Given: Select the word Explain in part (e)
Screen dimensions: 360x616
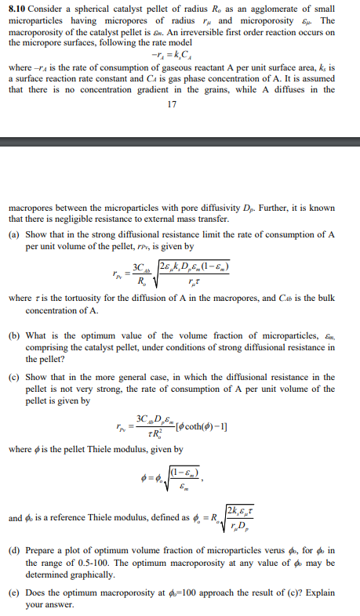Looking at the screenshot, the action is coord(315,583).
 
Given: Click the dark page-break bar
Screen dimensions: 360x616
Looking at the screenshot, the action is coord(180,142).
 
